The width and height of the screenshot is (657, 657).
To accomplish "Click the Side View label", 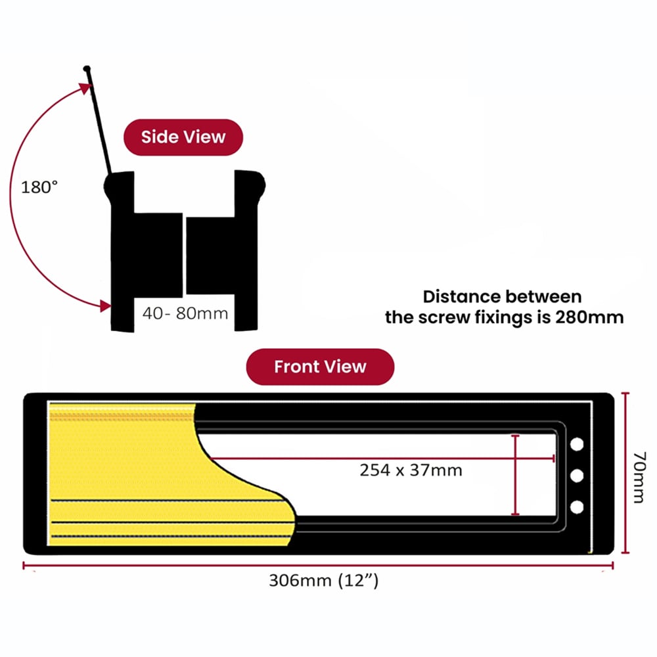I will coord(183,137).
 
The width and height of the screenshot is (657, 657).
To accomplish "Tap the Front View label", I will coord(320,366).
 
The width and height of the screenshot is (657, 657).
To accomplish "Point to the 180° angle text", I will coord(39,187).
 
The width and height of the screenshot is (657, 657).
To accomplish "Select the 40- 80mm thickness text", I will coord(185,313).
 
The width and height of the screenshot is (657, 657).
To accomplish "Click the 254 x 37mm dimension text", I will coord(411,470).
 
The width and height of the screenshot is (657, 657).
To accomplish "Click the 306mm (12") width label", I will coord(323,581).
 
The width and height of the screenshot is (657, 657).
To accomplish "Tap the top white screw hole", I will coord(577,444).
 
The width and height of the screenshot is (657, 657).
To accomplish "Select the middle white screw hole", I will coord(577,475).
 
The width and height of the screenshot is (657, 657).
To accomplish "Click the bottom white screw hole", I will coord(577,507).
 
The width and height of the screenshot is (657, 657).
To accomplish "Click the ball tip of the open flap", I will coord(87,68).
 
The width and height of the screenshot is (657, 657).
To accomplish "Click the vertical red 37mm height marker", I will coord(516,474).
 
